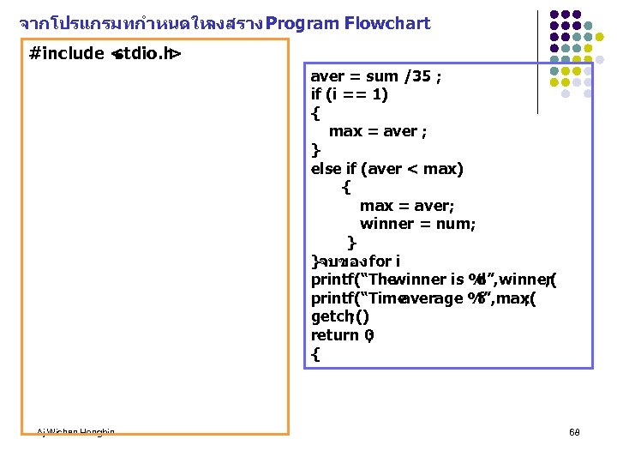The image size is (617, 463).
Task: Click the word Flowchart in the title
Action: click(x=386, y=24)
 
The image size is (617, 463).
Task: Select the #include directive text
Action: click(x=67, y=55)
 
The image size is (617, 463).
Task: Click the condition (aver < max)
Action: click(x=419, y=169)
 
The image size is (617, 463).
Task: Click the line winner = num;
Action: click(x=417, y=224)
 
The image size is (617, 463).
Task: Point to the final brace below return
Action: click(x=315, y=353)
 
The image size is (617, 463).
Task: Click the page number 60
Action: click(x=573, y=432)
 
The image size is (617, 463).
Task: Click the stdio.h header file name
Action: click(x=144, y=55)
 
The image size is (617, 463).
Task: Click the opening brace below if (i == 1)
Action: click(x=315, y=113)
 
